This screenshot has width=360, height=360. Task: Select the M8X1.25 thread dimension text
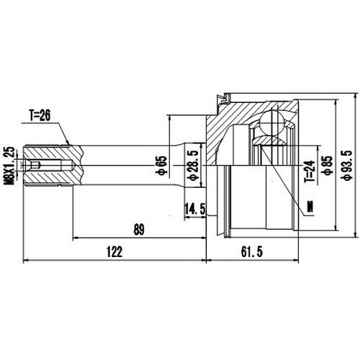point(9,166)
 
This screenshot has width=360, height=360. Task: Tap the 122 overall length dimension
point(114,251)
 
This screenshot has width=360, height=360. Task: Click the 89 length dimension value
point(139,230)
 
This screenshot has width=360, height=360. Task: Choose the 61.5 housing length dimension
point(249,251)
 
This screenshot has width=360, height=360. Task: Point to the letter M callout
point(310,208)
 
